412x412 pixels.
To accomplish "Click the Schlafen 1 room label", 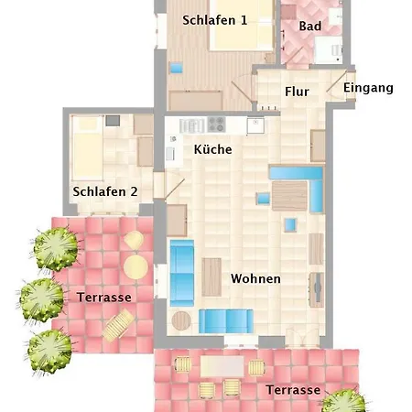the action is [x=214, y=20].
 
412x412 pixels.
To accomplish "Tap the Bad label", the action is [x=310, y=26].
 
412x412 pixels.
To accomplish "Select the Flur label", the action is [x=297, y=92].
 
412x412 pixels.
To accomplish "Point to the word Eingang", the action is [x=368, y=88].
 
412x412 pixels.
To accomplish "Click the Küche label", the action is [x=212, y=149].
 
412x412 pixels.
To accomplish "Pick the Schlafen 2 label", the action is [x=105, y=191].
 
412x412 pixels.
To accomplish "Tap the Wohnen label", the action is [x=255, y=278].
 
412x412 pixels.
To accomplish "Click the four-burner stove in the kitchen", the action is [x=216, y=125].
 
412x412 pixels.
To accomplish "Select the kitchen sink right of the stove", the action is [x=255, y=125].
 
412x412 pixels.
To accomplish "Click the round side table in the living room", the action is [x=181, y=320].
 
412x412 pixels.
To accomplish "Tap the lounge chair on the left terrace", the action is [x=118, y=324].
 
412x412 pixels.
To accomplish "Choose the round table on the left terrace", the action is [x=136, y=266].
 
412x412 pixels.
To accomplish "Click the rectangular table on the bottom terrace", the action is [x=222, y=366].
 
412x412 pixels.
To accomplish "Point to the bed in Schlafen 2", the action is [x=87, y=147].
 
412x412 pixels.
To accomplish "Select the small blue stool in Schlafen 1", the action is [x=177, y=68].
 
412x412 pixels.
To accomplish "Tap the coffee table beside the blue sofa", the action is [x=211, y=277].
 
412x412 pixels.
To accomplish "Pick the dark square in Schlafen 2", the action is [x=113, y=121].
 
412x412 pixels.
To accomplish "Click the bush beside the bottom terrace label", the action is [x=344, y=401].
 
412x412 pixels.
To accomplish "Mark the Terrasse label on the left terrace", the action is [x=104, y=298].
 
